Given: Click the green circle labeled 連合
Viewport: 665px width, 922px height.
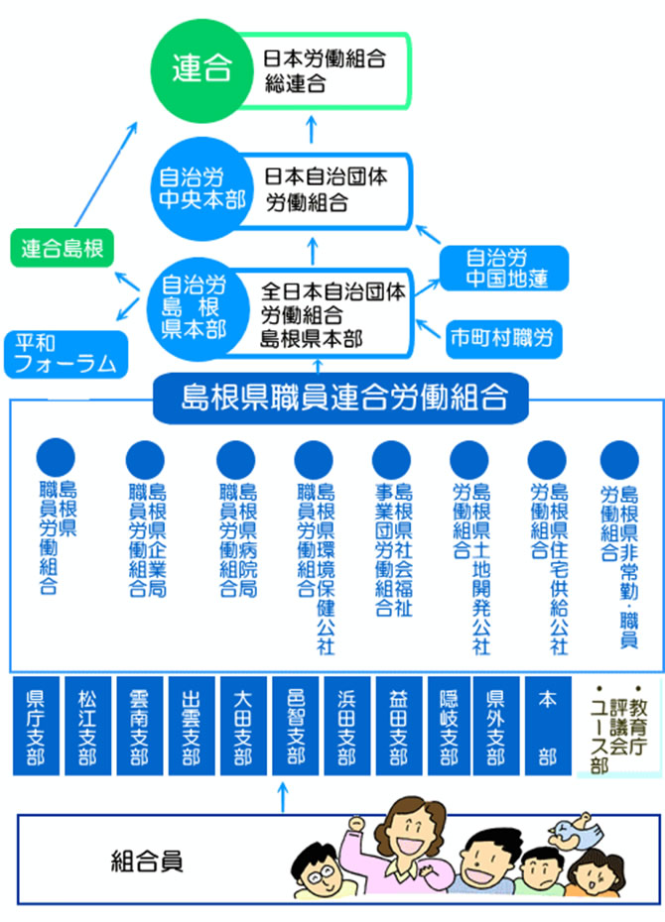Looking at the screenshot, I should coord(201,69).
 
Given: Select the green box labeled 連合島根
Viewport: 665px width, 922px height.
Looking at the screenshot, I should coord(63,248).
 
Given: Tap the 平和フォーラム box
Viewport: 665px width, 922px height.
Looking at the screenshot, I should coord(66,353).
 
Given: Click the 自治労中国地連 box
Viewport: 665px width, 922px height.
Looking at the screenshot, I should coord(506,269).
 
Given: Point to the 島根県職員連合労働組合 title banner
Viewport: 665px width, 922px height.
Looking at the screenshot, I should coord(341,399).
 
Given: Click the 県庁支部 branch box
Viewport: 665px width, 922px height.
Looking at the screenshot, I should coord(36,727).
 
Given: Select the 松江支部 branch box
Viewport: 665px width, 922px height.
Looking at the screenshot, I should coord(87,727).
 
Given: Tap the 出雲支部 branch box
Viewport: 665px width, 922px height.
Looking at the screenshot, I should coord(191,727).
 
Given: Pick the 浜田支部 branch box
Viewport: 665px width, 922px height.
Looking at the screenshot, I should coord(346,727).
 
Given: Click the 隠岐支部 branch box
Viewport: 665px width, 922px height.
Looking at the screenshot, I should coord(449,727).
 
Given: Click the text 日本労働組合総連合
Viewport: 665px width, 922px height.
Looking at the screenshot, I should coord(324,71).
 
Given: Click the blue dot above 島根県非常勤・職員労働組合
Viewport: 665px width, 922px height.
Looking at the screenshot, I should coord(619,457).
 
